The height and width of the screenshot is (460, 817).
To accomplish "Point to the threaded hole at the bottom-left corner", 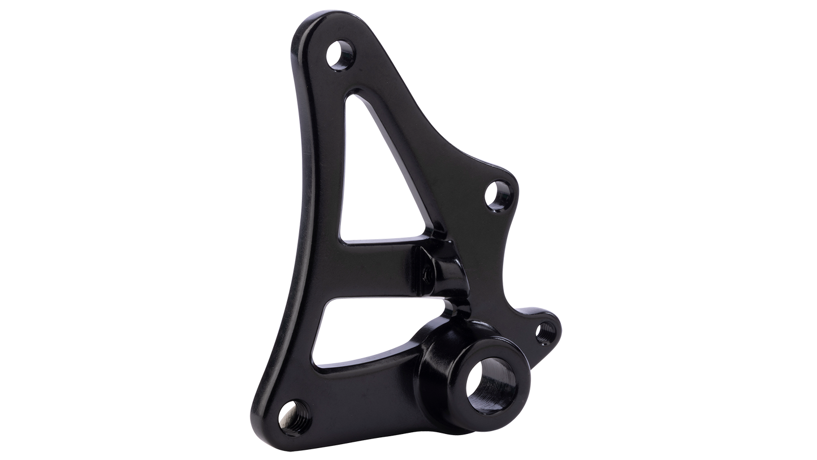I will coord(289,409).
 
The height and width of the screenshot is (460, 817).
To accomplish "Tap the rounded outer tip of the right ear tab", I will coord(560,325).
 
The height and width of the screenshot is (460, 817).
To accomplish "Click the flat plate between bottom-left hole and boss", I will coord(362,396).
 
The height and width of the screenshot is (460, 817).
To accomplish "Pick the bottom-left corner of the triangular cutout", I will coord(342,238).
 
